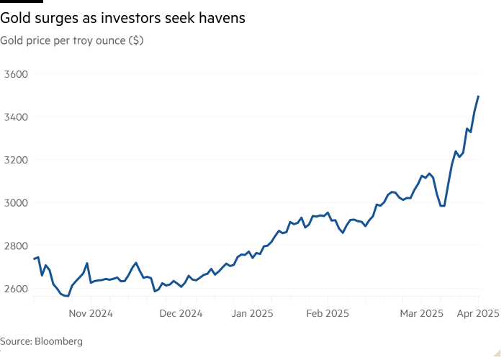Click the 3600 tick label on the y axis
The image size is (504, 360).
(14, 74)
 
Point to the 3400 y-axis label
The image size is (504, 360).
(14, 117)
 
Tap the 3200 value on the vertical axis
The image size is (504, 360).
(14, 160)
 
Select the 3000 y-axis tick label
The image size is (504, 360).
(14, 202)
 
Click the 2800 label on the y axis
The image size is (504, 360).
(14, 246)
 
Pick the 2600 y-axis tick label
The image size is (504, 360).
(14, 289)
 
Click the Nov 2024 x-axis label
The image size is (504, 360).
(91, 313)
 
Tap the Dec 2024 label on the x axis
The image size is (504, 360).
(180, 313)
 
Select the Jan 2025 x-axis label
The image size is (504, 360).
(252, 313)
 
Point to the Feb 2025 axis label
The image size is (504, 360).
(327, 313)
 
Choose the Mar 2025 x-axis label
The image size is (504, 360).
(421, 313)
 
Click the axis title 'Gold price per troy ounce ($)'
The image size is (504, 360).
(72, 41)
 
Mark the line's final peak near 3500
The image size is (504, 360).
(478, 96)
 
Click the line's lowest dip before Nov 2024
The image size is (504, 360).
(66, 295)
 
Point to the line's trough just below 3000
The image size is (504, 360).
(443, 205)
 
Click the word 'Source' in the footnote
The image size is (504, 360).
(15, 341)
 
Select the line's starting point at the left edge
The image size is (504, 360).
(34, 258)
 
